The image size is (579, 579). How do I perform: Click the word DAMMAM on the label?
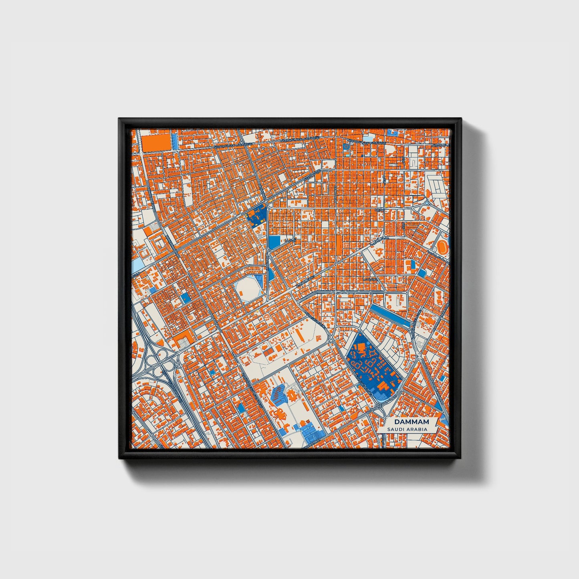[412, 422]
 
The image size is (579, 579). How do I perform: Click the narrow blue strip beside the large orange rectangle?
[175, 142]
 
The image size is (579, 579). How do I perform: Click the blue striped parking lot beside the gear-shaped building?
[278, 393]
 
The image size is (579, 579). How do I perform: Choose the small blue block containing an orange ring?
[345, 147]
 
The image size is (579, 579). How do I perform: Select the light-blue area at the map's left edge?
[137, 264]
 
